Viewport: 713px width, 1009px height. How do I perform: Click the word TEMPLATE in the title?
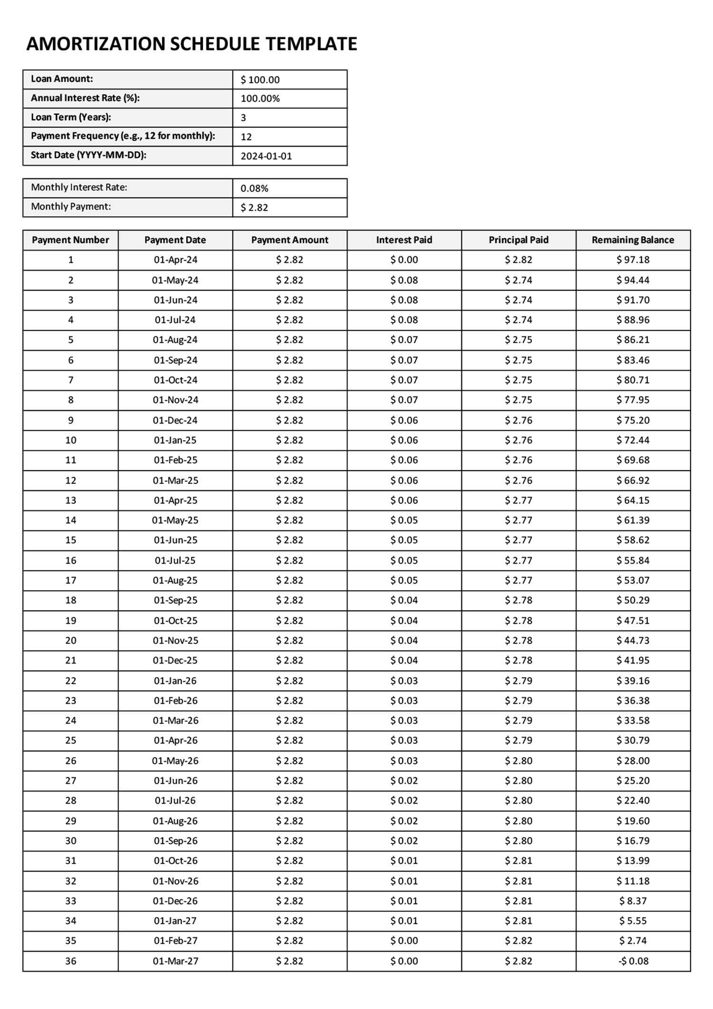click(311, 44)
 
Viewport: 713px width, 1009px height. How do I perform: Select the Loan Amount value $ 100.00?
click(260, 80)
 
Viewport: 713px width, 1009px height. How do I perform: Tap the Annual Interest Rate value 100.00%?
click(260, 99)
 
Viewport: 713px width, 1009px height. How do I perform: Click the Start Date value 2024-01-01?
click(266, 156)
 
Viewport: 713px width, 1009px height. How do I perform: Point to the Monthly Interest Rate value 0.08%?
click(254, 188)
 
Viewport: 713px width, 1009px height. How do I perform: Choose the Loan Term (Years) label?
click(71, 117)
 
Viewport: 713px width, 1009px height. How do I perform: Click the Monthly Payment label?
click(71, 207)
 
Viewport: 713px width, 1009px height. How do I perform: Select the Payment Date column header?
click(175, 240)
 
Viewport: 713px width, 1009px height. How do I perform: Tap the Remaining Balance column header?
click(633, 240)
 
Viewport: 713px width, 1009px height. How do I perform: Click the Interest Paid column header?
click(404, 240)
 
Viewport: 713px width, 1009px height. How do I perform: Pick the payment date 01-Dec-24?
click(175, 420)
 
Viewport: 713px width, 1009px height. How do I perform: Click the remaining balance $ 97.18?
click(633, 260)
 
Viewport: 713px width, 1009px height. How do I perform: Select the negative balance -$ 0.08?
click(633, 961)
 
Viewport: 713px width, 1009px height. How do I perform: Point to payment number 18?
click(71, 600)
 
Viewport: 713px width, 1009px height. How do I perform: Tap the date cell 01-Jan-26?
click(175, 681)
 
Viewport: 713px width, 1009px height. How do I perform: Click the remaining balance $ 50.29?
click(633, 600)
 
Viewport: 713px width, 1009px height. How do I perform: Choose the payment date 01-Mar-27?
click(175, 961)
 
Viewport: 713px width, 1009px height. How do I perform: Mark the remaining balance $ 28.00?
click(633, 760)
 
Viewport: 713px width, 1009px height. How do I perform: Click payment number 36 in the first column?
click(71, 961)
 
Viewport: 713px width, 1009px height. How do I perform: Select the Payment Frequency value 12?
click(246, 137)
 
